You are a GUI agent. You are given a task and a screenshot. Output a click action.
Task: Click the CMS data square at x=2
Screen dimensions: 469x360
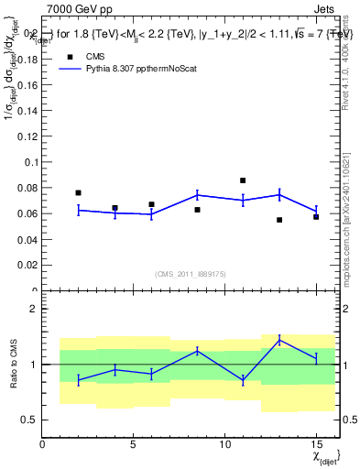coord(78,192)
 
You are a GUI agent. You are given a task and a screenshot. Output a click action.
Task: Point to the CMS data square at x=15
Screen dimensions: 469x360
coord(316,217)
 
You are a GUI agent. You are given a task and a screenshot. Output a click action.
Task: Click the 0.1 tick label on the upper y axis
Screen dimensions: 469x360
coord(28,162)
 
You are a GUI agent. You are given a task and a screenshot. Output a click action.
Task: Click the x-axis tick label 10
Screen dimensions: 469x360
coord(224,444)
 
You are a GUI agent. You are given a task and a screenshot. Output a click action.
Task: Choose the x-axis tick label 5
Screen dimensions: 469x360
coord(134,444)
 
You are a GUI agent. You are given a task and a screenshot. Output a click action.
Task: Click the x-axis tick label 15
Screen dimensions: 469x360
coord(316,444)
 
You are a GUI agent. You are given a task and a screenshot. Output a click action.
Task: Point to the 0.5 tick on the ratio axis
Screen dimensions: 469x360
coord(28,420)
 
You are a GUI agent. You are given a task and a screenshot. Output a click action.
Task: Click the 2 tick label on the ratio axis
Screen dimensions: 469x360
coord(34,309)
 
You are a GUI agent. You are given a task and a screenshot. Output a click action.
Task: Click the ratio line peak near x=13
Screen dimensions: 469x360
coord(279,340)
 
